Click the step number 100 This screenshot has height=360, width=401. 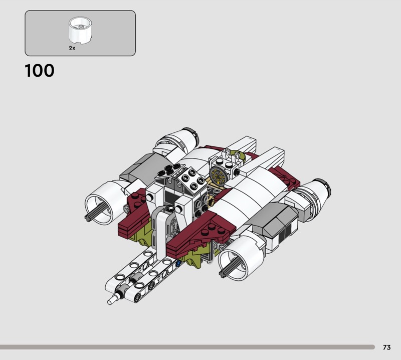(40, 71)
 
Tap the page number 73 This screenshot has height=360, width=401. (386, 347)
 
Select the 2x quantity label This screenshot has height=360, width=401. (72, 48)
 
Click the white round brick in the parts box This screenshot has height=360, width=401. (80, 30)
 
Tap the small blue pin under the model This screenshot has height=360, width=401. (178, 263)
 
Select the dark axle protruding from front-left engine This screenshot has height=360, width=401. (95, 212)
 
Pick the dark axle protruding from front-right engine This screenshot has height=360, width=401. (229, 268)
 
